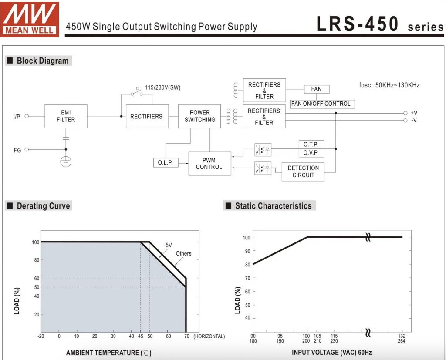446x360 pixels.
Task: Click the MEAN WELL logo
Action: (x=30, y=19)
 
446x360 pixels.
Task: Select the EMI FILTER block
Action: (x=66, y=116)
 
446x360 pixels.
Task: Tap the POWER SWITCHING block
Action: (x=199, y=116)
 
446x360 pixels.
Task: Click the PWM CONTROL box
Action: (x=209, y=164)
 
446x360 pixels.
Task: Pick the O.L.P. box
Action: (x=166, y=163)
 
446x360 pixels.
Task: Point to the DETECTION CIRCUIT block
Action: (x=303, y=172)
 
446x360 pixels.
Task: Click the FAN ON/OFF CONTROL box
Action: (x=322, y=104)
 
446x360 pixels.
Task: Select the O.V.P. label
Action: (x=311, y=153)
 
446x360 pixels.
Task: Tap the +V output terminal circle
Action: (x=405, y=113)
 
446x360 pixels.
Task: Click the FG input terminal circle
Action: (x=27, y=150)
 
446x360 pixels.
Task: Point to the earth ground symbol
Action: (x=66, y=162)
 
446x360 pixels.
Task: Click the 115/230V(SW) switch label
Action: (x=163, y=87)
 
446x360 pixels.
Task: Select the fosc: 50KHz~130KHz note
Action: (x=389, y=85)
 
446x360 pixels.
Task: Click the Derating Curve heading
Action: (x=43, y=206)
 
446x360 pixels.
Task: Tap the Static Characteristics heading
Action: (x=274, y=206)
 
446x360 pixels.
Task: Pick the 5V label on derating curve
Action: (x=169, y=245)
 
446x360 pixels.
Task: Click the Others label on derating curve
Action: (x=183, y=254)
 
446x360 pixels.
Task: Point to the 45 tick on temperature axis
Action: (x=141, y=336)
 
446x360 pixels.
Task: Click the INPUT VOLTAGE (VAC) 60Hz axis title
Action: (x=331, y=353)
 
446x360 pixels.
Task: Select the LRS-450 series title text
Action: (x=380, y=24)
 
